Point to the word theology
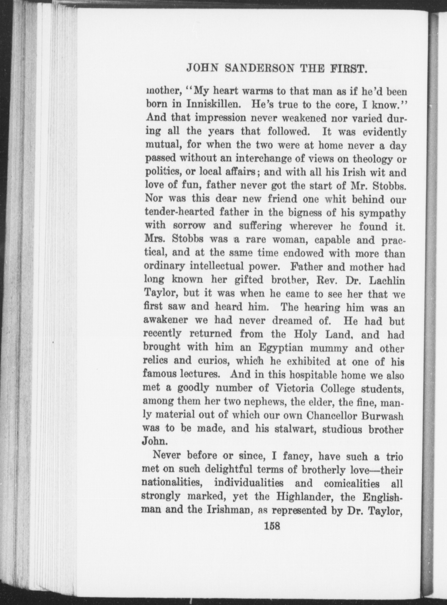(x=372, y=159)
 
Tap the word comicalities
(x=353, y=484)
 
